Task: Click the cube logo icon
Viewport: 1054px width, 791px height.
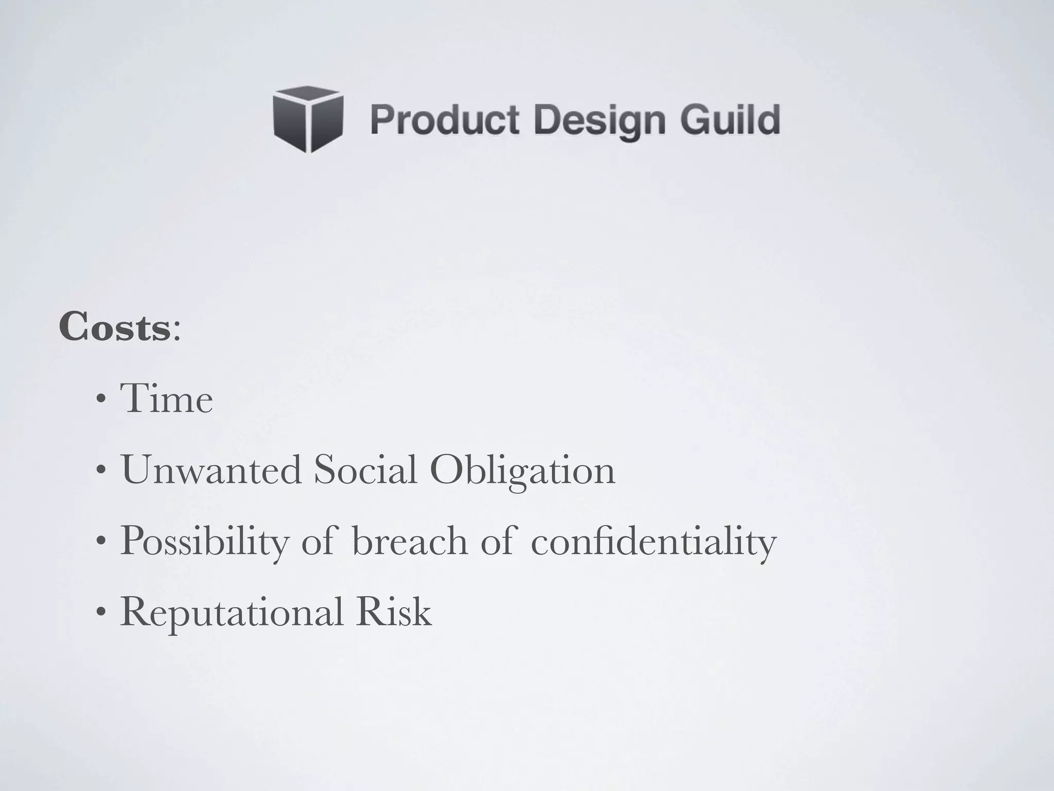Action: coord(308,119)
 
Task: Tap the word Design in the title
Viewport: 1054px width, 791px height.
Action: coord(599,122)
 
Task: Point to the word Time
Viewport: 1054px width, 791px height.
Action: coord(166,399)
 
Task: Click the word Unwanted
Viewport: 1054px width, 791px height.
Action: coord(211,470)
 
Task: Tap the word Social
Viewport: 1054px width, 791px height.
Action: coord(365,470)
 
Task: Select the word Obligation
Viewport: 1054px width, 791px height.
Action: coord(522,471)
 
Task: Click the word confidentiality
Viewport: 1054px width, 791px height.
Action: coord(653,542)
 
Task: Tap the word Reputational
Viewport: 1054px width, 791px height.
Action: coord(232,613)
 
